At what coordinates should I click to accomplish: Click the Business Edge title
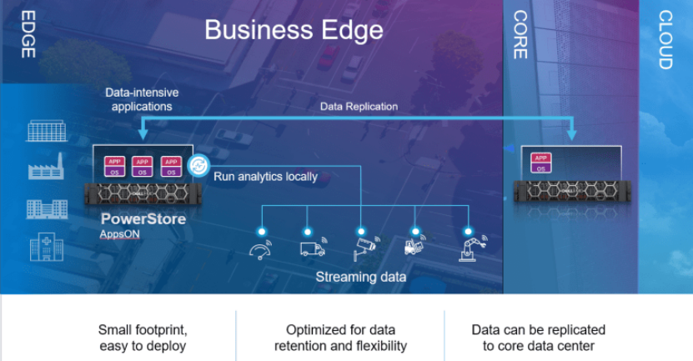(x=294, y=31)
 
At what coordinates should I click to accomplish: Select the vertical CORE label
(x=520, y=34)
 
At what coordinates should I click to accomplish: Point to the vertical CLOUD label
(x=665, y=39)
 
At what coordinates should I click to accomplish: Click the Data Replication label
(x=359, y=107)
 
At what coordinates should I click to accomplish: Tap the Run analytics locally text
(x=265, y=176)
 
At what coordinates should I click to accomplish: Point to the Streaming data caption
(x=361, y=276)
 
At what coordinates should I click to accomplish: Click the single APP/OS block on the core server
(x=540, y=163)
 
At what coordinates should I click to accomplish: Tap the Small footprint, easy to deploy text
(x=142, y=338)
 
